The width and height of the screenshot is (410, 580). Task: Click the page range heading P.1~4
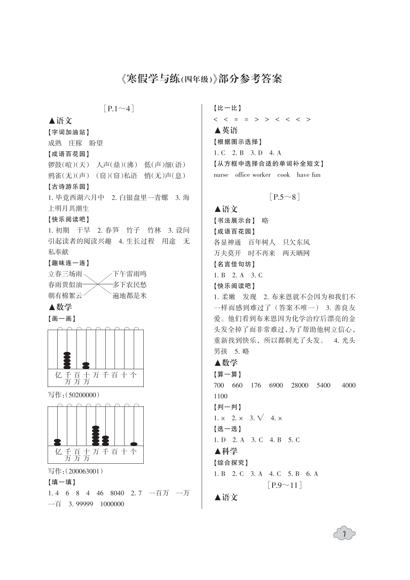119,109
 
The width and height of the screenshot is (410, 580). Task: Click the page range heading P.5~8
284,197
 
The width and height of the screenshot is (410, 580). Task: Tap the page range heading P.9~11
284,485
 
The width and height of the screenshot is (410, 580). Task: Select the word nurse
221,175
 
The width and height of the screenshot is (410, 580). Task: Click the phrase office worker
253,175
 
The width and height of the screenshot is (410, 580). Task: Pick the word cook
283,175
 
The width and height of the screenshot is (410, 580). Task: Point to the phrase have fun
308,175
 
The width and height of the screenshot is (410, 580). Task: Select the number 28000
300,385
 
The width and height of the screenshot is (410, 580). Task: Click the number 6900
276,385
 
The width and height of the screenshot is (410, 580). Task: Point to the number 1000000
112,504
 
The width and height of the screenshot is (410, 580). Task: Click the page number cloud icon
344,534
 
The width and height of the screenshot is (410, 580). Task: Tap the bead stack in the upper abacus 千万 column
67,360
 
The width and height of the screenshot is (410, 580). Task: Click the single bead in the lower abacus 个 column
134,444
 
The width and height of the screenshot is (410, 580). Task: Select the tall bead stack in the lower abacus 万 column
96,436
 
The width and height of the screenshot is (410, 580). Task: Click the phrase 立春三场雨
65,274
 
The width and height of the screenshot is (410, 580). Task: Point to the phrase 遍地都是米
130,295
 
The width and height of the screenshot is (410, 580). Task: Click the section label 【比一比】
228,108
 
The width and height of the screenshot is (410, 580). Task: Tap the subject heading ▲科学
226,451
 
